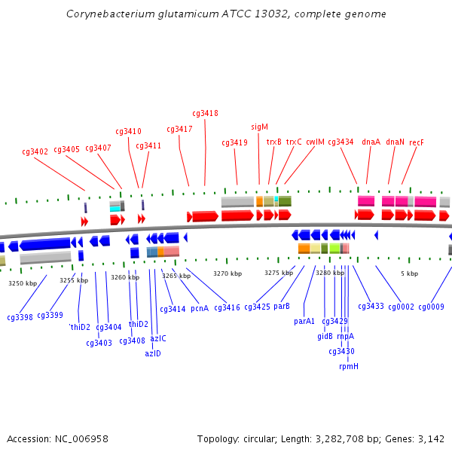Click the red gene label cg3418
205,114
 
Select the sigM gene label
259,127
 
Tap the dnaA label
371,142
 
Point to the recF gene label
416,142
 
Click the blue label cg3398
20,318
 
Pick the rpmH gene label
349,367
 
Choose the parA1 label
304,322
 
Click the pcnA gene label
200,308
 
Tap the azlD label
153,354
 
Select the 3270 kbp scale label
228,274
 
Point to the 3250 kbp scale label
23,284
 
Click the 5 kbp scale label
409,274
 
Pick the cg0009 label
432,307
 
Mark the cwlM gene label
315,142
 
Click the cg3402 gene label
35,152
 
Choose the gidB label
325,337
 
